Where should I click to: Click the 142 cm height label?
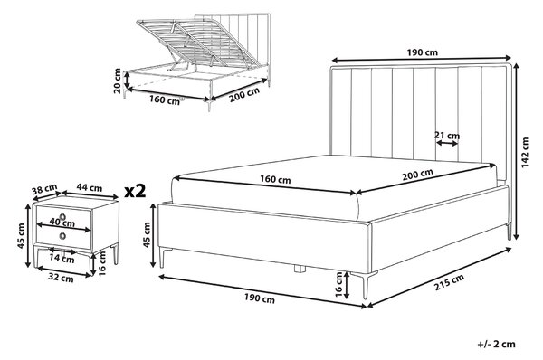525,152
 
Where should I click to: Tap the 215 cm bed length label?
449,282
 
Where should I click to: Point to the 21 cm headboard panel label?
447,136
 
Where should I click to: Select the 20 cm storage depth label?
118,81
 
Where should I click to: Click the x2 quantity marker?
135,191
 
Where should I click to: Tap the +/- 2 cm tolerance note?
496,345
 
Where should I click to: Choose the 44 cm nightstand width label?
90,187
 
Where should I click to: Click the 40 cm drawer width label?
62,222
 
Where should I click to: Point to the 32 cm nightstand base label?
61,278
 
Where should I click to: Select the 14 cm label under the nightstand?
62,258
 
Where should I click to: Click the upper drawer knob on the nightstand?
62,216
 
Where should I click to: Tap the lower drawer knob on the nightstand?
62,235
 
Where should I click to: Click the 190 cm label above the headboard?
422,52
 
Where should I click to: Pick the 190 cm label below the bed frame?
260,298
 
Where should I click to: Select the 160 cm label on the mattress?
275,179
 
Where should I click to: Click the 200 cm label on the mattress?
417,175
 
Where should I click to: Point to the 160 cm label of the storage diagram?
165,99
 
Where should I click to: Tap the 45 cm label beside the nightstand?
22,236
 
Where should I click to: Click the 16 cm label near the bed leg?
338,285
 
